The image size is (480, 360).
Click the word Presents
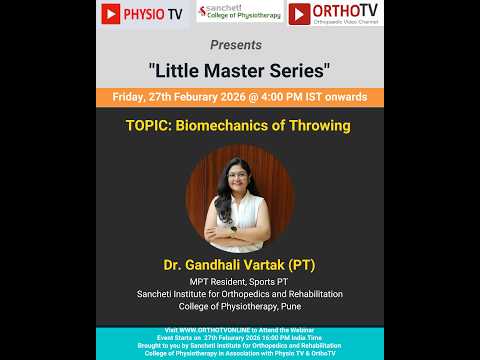(x=237, y=45)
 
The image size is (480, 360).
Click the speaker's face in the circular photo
(x=238, y=179)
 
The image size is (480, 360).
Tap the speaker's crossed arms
(x=238, y=232)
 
